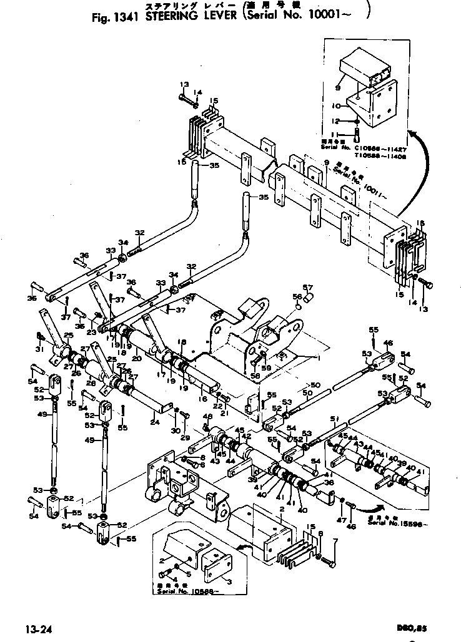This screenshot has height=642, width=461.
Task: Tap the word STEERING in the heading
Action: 171,17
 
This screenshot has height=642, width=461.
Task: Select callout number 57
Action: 307,288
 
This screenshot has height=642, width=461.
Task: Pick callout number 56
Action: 297,296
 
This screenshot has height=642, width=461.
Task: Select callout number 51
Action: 334,419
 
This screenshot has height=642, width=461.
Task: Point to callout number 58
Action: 254,376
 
